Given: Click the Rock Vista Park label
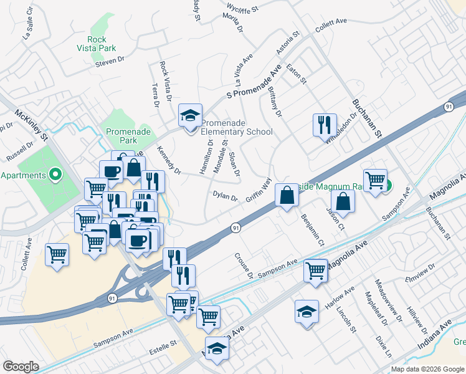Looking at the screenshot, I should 102,44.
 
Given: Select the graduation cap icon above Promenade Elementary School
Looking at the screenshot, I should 190,115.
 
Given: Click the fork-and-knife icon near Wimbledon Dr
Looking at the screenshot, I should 324,125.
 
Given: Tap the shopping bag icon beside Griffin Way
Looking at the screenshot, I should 287,196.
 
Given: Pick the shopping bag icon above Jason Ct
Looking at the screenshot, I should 343,201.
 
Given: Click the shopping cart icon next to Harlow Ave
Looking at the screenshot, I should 316,271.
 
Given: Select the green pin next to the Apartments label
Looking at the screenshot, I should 54,175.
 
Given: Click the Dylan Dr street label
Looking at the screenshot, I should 226,197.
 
